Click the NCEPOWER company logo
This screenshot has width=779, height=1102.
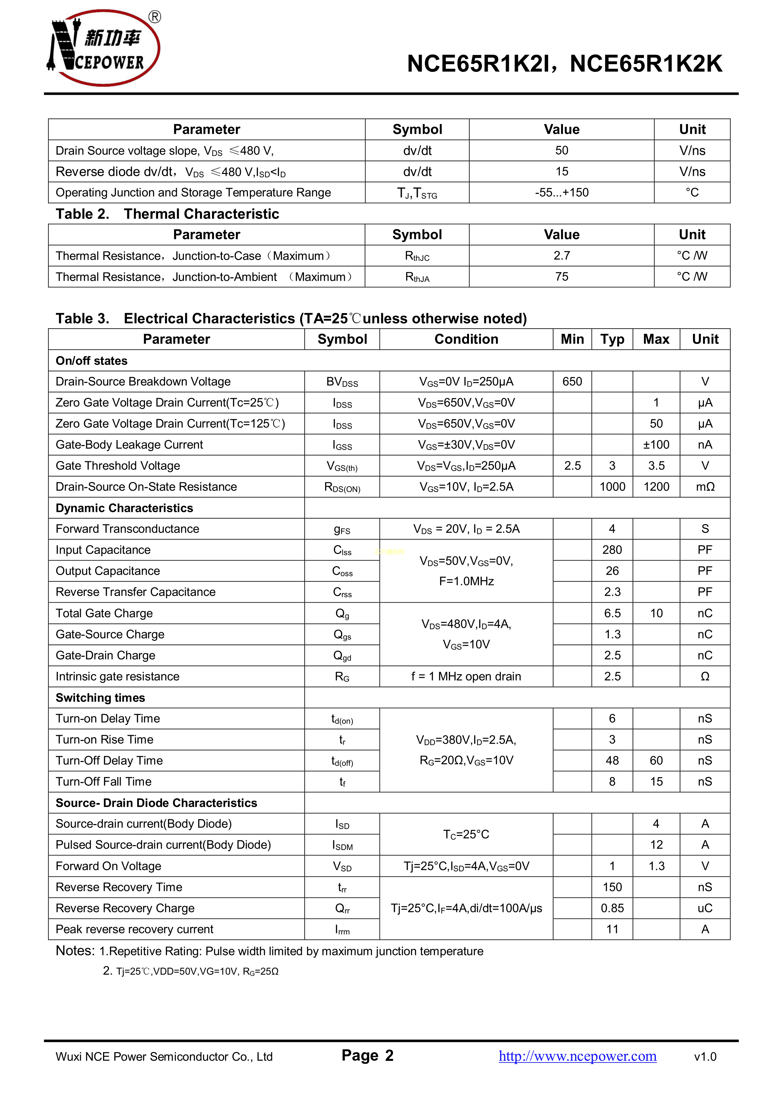(103, 48)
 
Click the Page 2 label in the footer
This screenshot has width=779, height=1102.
(367, 1056)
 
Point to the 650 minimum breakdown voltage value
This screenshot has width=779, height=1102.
(572, 382)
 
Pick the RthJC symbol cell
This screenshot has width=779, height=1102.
(417, 256)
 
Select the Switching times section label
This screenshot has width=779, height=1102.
(100, 698)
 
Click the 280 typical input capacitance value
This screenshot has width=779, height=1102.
(612, 550)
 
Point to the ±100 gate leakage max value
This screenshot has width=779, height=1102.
(656, 445)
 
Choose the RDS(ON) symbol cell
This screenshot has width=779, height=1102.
(342, 487)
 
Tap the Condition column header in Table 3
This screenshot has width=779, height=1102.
(466, 339)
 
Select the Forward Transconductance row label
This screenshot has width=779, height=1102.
(127, 529)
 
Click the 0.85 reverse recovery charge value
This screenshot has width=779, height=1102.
(612, 908)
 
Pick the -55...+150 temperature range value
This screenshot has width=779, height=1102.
(562, 193)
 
